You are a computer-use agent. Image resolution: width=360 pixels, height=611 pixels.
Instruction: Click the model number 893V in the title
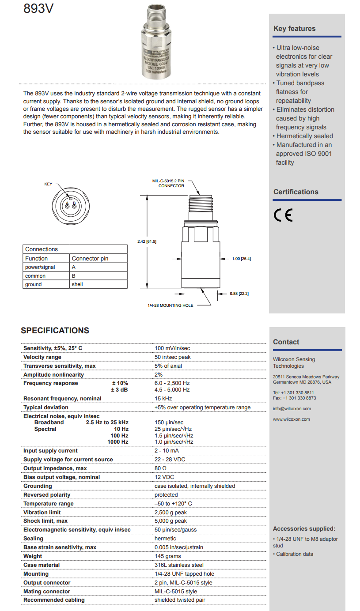[38, 9]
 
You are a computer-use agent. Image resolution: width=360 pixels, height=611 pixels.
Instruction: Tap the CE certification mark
[283, 215]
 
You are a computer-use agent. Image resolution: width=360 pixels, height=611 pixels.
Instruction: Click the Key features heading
[294, 29]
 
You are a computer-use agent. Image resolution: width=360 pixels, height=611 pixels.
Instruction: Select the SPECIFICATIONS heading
[55, 331]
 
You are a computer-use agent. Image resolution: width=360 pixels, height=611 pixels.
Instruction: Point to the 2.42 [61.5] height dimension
[147, 241]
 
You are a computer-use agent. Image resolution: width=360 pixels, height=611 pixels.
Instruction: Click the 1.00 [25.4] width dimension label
[241, 259]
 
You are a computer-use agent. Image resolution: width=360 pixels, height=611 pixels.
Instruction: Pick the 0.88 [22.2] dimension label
[239, 294]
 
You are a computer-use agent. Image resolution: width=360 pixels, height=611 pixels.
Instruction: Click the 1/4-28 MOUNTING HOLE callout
[170, 305]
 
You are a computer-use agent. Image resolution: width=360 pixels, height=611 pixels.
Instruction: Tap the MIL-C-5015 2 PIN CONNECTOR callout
[171, 183]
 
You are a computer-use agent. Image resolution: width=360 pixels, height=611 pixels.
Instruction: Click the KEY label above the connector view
[48, 184]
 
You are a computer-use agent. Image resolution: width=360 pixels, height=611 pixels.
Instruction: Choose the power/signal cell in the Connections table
[40, 267]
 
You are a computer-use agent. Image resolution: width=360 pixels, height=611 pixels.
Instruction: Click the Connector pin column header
[90, 258]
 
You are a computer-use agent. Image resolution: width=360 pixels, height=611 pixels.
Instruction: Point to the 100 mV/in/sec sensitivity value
[172, 348]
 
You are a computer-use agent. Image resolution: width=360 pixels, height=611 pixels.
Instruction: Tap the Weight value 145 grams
[168, 556]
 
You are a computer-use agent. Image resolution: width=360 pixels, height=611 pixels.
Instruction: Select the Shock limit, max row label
[45, 521]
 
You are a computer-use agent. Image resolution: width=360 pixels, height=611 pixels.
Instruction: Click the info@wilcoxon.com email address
[292, 409]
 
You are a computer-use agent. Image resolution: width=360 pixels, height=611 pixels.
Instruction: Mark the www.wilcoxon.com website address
[291, 419]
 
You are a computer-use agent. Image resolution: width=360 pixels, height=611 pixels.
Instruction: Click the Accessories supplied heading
[304, 528]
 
